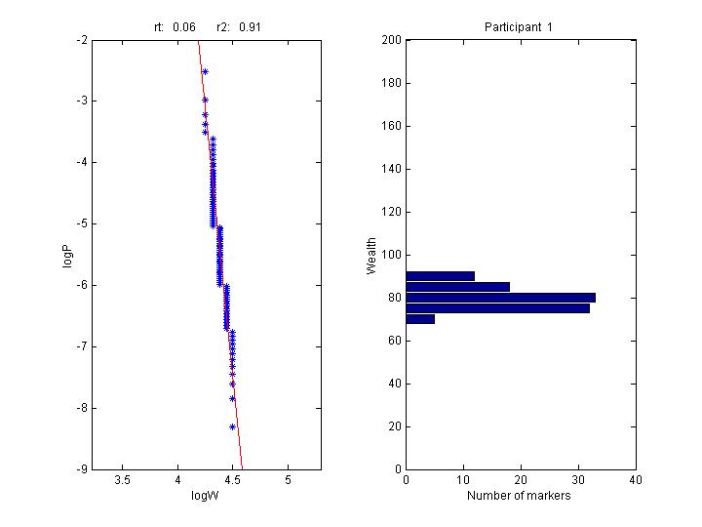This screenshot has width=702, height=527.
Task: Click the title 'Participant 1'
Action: [519, 26]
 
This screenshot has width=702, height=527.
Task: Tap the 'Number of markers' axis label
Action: [519, 496]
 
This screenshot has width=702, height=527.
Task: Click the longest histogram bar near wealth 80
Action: [500, 297]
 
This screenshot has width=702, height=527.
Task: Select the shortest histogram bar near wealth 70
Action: [420, 319]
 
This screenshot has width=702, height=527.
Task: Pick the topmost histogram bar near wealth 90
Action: [440, 276]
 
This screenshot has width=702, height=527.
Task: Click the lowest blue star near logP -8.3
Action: [233, 426]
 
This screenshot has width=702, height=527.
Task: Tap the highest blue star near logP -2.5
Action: [205, 71]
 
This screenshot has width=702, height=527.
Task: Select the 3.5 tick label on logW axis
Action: [123, 481]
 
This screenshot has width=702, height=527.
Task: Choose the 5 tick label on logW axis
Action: [288, 481]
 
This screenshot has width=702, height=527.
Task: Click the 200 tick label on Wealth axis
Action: [390, 40]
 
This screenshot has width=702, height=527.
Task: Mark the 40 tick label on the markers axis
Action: [635, 481]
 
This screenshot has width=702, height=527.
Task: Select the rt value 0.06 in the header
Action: [183, 26]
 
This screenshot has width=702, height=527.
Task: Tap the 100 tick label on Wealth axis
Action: [390, 255]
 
